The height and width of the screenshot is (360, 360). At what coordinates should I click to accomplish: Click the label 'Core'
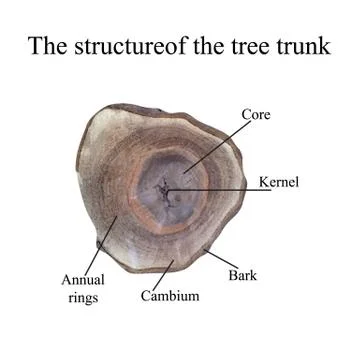pos(257,115)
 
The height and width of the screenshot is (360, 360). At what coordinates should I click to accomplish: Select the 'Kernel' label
pos(279,182)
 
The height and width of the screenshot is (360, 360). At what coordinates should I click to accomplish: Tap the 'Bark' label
pos(243,274)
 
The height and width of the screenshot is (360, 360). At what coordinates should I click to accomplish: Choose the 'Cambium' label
pos(170,296)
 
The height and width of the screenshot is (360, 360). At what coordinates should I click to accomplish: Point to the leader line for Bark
pos(220,257)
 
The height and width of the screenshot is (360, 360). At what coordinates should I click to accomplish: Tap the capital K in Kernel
pos(263,182)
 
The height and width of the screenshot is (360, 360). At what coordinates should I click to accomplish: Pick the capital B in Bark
pos(233,274)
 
